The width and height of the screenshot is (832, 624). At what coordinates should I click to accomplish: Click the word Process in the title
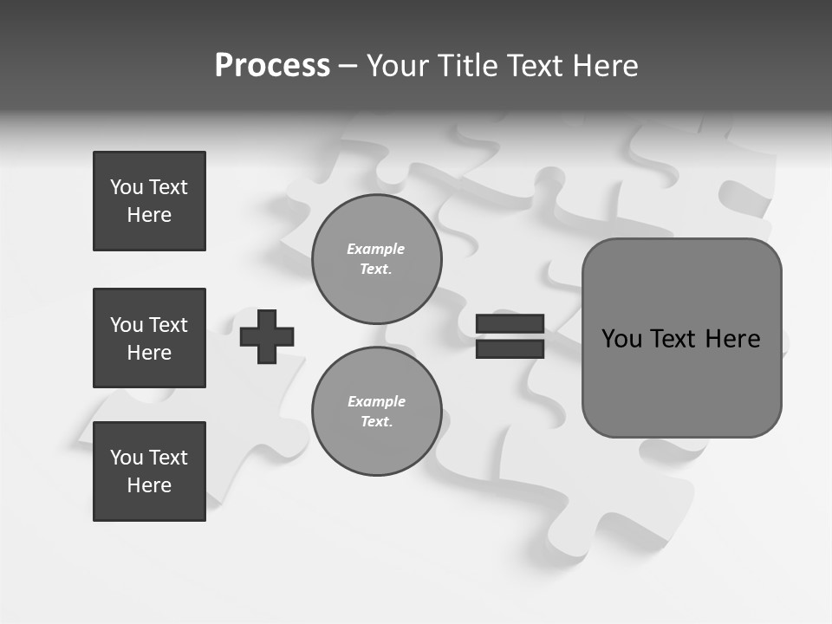pyautogui.click(x=272, y=66)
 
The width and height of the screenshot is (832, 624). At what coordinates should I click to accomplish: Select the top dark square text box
pyautogui.click(x=149, y=201)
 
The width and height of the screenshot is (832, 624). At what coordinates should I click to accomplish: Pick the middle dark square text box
pyautogui.click(x=149, y=338)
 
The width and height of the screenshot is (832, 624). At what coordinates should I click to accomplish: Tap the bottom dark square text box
pyautogui.click(x=149, y=471)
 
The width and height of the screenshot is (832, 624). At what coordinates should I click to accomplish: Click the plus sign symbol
pyautogui.click(x=267, y=336)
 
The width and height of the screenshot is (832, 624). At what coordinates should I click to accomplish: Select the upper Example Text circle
pyautogui.click(x=376, y=259)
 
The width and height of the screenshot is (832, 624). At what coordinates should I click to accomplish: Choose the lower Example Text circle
pyautogui.click(x=376, y=412)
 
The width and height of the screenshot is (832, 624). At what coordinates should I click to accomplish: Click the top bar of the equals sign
pyautogui.click(x=510, y=324)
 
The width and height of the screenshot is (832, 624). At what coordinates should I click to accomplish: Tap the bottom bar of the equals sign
pyautogui.click(x=510, y=348)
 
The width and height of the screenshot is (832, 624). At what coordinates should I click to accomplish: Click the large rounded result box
pyautogui.click(x=681, y=381)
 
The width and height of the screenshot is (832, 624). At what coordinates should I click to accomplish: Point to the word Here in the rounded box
pyautogui.click(x=732, y=339)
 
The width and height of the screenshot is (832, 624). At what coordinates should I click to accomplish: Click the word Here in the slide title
pyautogui.click(x=605, y=66)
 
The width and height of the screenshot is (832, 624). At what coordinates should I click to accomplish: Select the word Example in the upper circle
pyautogui.click(x=376, y=249)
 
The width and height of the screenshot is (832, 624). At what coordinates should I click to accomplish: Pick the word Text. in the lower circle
pyautogui.click(x=376, y=422)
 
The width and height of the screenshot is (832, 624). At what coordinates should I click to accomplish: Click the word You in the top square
pyautogui.click(x=127, y=187)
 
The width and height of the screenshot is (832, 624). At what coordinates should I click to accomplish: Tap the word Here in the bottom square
pyautogui.click(x=149, y=485)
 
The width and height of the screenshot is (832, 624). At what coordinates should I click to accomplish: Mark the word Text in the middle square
pyautogui.click(x=168, y=325)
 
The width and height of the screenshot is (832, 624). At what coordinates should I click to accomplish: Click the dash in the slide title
pyautogui.click(x=348, y=66)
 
